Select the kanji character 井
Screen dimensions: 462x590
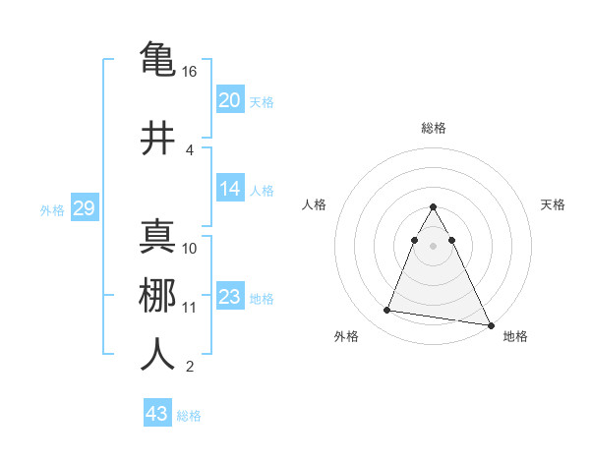(157, 138)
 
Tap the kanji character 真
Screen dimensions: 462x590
(157, 236)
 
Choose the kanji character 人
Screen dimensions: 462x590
(157, 355)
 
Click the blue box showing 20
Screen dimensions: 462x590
(230, 100)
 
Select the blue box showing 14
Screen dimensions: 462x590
(230, 190)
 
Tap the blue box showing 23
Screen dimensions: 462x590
(230, 298)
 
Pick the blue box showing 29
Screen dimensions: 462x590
(84, 208)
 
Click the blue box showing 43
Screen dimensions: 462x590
(157, 414)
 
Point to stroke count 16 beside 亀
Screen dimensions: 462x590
(191, 72)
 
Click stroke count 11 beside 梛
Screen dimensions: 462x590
(190, 308)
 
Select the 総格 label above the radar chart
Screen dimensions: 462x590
(433, 128)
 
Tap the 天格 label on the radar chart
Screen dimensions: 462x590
(553, 204)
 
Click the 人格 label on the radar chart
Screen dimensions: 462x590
(314, 204)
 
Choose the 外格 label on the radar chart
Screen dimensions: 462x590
(346, 336)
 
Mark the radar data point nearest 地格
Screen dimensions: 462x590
(490, 325)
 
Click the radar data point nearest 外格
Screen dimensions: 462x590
(387, 311)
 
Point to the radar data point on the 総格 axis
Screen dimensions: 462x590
(433, 207)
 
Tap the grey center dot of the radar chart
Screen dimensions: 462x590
(433, 245)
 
